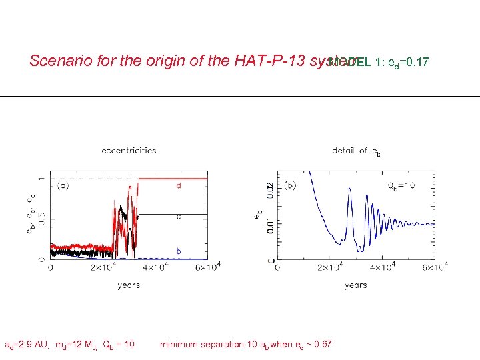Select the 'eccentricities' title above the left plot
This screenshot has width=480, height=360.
[129, 150]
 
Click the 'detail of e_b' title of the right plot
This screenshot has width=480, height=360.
[357, 151]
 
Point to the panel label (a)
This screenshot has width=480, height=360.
[63, 185]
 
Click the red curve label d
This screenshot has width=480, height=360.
[179, 186]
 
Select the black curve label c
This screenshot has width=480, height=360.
[179, 217]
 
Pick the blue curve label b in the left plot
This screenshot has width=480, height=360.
[179, 251]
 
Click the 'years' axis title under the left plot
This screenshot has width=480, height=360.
[129, 285]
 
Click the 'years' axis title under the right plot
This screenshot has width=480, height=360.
[355, 285]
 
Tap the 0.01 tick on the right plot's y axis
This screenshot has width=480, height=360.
[269, 222]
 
